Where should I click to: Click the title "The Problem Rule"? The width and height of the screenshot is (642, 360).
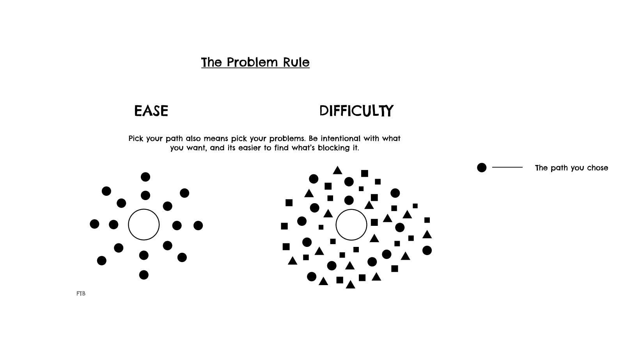(x=255, y=62)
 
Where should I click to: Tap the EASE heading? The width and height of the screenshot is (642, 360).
(x=151, y=111)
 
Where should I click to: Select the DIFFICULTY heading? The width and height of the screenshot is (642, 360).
(x=356, y=111)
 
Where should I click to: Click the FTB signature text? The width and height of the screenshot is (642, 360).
(x=81, y=294)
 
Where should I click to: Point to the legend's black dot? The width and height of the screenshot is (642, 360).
(x=482, y=168)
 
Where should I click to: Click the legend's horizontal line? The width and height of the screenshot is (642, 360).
(x=507, y=167)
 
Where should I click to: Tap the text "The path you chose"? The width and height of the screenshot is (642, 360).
(x=571, y=168)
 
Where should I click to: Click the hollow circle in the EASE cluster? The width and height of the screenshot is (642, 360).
(x=144, y=225)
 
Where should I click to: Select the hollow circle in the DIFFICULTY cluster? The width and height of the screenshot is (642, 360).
(x=351, y=225)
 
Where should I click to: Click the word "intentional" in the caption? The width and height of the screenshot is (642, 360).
(x=341, y=138)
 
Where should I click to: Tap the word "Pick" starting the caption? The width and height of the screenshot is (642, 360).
(x=136, y=139)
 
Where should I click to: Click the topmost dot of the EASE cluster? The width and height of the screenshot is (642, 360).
(x=145, y=177)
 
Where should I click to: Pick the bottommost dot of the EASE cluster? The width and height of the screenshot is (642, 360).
(x=144, y=275)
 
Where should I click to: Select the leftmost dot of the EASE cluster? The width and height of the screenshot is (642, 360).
(x=94, y=224)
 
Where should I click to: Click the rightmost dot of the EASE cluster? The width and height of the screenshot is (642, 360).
(x=198, y=225)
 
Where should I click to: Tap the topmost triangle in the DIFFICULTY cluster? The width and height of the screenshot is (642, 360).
(x=338, y=170)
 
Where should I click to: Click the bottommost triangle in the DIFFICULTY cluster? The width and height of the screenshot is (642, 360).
(x=351, y=285)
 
